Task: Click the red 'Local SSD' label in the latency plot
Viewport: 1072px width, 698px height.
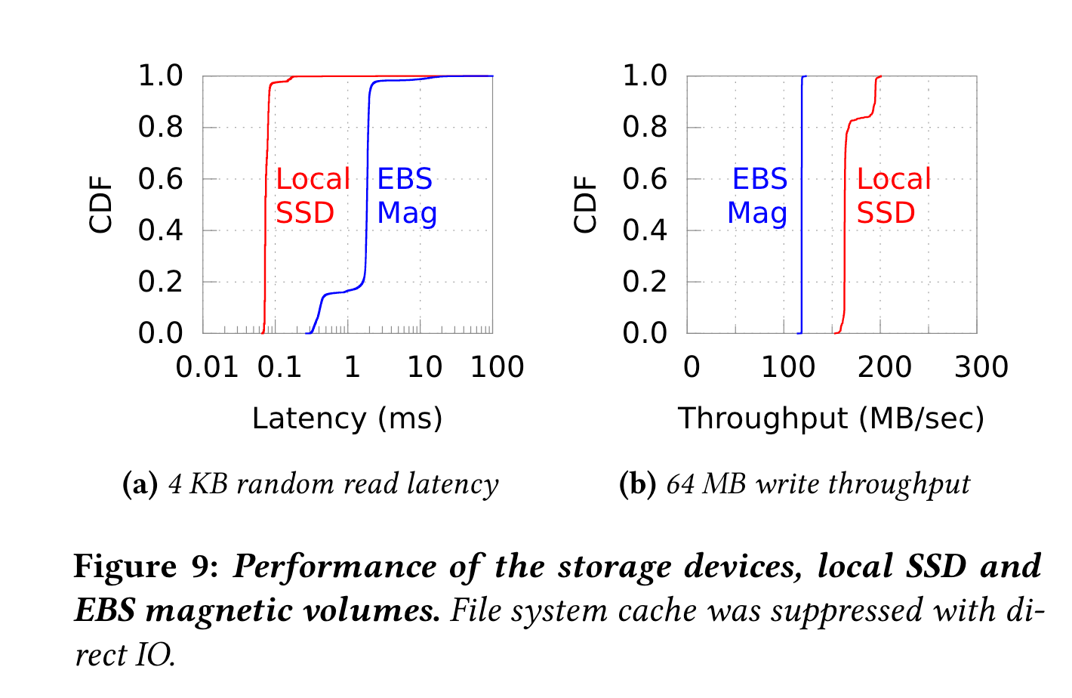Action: (313, 196)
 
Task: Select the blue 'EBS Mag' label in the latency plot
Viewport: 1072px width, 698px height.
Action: (406, 196)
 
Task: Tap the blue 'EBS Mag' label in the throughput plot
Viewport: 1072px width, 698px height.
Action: (758, 196)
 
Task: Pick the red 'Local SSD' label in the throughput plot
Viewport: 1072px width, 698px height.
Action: (893, 196)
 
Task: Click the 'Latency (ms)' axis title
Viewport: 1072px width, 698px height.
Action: (347, 418)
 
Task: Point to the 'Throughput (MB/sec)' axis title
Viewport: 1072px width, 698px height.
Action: (831, 418)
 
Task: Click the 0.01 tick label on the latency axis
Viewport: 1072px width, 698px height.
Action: (207, 368)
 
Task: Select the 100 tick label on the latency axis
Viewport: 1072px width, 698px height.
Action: (496, 368)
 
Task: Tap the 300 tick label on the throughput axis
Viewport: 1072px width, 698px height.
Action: (981, 368)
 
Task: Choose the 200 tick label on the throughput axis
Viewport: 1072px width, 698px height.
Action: (884, 368)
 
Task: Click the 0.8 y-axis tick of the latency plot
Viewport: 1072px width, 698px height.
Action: (161, 128)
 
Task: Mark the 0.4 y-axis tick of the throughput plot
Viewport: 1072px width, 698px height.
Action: (645, 230)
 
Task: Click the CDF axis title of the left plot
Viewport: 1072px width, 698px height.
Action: (101, 205)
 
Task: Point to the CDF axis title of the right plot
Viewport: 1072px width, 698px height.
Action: (586, 205)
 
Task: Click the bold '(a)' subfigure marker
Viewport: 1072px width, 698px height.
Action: (140, 484)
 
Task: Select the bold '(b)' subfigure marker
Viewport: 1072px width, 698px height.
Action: (637, 484)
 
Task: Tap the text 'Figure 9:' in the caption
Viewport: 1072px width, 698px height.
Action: (146, 567)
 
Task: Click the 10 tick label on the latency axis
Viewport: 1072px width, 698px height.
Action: (424, 368)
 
